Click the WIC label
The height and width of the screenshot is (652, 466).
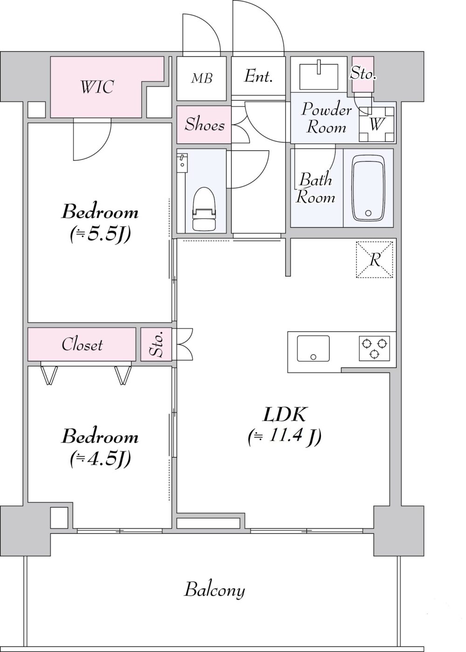97,87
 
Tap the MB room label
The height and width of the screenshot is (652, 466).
201,78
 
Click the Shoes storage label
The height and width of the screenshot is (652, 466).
205,124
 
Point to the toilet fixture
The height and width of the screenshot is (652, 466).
204,209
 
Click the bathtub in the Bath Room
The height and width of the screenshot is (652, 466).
368,188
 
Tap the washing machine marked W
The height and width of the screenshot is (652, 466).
377,124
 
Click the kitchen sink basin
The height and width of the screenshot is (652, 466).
313,348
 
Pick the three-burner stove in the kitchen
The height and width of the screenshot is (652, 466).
374,348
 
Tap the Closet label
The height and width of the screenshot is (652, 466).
82,345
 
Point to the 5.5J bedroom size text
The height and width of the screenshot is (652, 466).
100,234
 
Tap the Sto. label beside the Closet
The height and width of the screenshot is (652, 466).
157,345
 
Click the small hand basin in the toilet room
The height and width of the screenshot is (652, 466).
182,163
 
